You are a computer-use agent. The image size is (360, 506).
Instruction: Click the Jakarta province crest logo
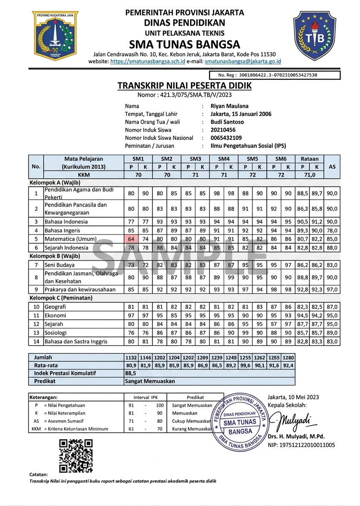pyautogui.click(x=55, y=35)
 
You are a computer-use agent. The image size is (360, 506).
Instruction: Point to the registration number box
pyautogui.click(x=279, y=75)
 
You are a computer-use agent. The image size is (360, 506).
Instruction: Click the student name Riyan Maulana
pyautogui.click(x=230, y=106)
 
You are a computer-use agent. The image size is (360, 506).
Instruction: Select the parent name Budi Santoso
pyautogui.click(x=227, y=122)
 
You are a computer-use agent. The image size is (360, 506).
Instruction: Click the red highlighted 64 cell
pyautogui.click(x=131, y=239)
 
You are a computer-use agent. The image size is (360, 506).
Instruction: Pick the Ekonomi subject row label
pyautogui.click(x=55, y=315)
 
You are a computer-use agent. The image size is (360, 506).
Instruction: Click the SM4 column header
pyautogui.click(x=224, y=159)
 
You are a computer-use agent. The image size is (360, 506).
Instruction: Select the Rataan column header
pyautogui.click(x=309, y=159)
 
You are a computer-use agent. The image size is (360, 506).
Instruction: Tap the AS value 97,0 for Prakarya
pyautogui.click(x=332, y=289)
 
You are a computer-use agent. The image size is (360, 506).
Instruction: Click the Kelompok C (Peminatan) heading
pyautogui.click(x=61, y=298)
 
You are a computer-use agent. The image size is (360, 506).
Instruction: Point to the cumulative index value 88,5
pyautogui.click(x=131, y=373)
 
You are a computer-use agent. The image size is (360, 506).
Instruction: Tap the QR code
pyautogui.click(x=75, y=455)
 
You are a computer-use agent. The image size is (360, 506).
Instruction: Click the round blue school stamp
pyautogui.click(x=240, y=422)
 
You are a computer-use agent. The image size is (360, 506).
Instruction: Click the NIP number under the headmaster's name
pyautogui.click(x=301, y=445)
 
